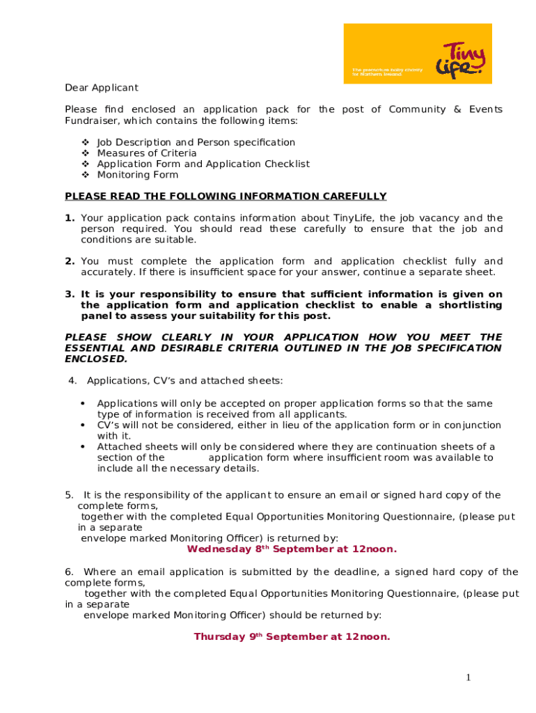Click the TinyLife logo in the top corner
(418, 54)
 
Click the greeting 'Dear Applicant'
(102, 88)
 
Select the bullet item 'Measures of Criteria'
(147, 153)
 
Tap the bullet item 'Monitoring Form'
(138, 175)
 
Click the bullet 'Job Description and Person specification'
(196, 142)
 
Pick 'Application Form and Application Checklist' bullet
(203, 164)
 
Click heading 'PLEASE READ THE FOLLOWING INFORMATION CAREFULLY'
(226, 196)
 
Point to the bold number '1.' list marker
(70, 218)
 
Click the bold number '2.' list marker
(70, 261)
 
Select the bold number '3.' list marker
(70, 295)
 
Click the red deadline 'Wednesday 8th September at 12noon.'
(292, 549)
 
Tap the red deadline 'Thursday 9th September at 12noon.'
(292, 637)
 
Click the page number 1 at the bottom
(469, 677)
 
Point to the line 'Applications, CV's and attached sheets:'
(184, 381)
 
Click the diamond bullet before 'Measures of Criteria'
(85, 153)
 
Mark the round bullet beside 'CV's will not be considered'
(83, 425)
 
